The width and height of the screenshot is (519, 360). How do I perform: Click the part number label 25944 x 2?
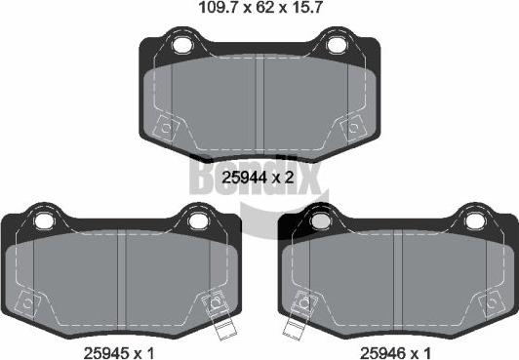click(x=259, y=177)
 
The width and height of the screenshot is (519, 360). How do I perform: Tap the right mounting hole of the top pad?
click(x=337, y=45)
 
